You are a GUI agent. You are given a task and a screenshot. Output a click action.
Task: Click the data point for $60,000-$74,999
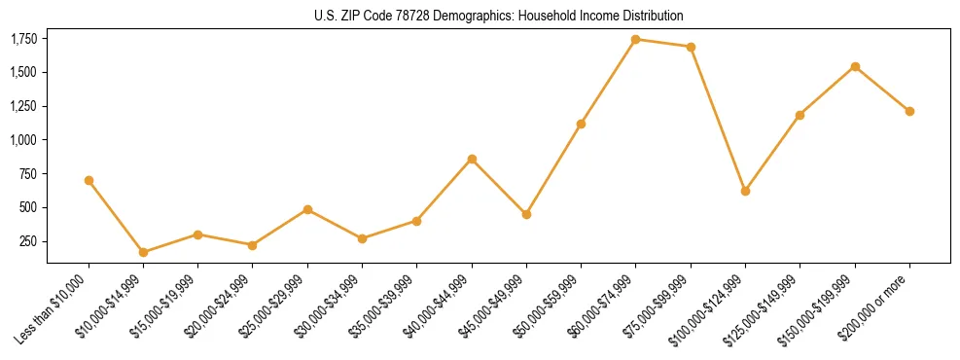pos(635,39)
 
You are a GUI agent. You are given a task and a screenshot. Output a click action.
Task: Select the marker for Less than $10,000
pos(89,180)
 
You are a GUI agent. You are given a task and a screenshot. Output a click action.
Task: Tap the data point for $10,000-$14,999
pos(143,252)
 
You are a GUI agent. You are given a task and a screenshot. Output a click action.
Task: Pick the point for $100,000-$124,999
pos(745,191)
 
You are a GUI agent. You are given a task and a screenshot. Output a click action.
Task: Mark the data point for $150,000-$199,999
pos(855,66)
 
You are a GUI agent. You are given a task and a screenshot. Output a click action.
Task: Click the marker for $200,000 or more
pos(909,111)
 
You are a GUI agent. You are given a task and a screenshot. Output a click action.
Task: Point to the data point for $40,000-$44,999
pos(472,159)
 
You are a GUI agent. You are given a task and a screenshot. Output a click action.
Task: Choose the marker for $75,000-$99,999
pos(691,47)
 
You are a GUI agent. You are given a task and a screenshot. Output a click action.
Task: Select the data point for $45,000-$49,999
pos(526,214)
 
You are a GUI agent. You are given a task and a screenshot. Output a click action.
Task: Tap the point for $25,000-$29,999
pos(307,209)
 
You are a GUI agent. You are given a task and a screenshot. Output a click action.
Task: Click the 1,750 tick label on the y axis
pos(23,39)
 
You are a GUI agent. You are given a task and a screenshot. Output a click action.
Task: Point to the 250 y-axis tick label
pos(29,241)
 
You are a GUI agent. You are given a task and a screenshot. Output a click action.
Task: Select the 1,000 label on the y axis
pos(23,140)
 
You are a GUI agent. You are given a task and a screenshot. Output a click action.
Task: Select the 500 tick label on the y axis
pos(29,207)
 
